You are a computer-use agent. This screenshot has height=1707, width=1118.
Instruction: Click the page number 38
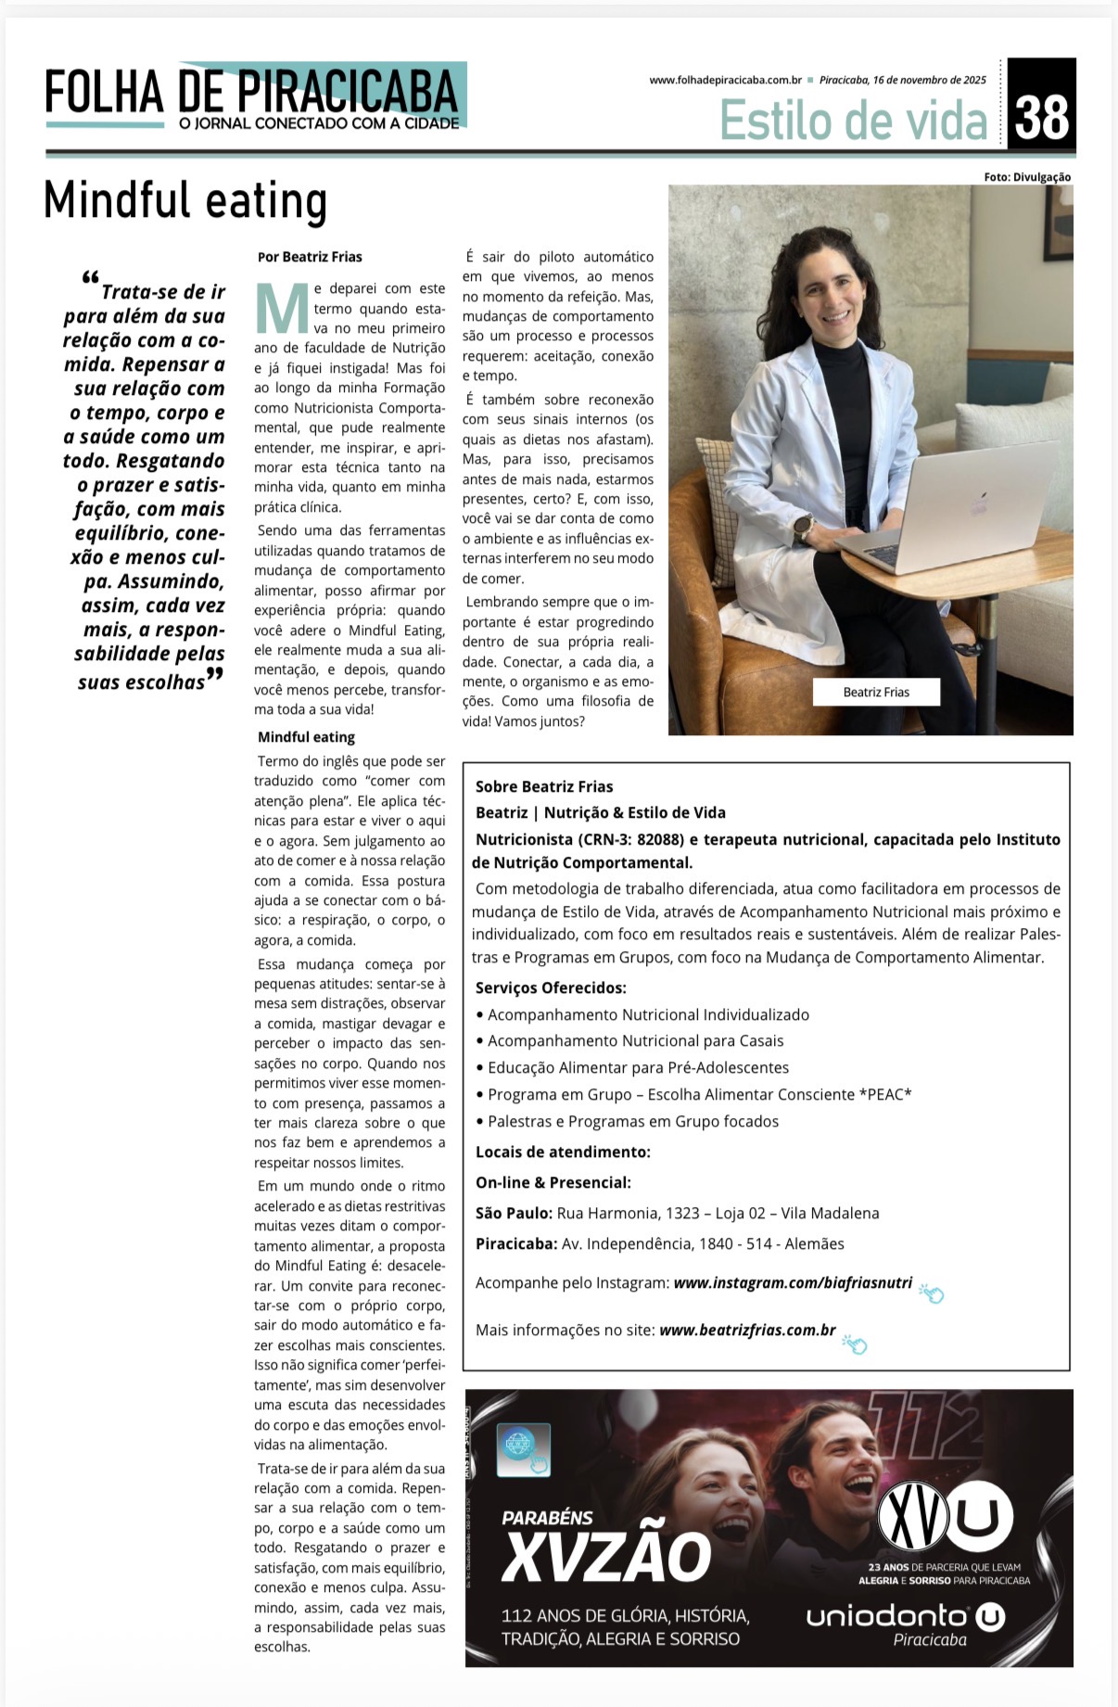click(1042, 118)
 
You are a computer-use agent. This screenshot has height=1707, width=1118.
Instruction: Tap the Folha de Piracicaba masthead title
click(251, 93)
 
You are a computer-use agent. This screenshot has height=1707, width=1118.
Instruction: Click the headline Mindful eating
click(185, 201)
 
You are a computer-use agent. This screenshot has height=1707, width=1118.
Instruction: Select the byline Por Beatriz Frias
click(310, 257)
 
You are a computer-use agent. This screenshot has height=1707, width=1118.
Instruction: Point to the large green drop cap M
click(281, 309)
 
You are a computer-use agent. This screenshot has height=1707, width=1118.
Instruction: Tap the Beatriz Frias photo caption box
click(876, 692)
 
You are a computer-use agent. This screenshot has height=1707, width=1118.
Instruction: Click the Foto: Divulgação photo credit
click(1027, 177)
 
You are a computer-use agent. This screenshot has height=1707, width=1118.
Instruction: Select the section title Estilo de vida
click(854, 121)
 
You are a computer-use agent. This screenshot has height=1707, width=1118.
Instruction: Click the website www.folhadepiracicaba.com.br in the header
click(725, 80)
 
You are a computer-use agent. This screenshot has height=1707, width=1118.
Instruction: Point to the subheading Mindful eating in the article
click(306, 737)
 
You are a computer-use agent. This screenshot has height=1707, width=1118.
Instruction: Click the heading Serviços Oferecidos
click(551, 987)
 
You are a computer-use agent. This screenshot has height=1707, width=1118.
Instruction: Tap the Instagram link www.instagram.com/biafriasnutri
click(793, 1283)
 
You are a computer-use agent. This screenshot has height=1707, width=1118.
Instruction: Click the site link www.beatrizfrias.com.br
click(747, 1330)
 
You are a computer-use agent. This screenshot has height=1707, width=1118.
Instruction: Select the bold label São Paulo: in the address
click(514, 1213)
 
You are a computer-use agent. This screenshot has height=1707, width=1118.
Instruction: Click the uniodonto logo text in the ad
click(887, 1616)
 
